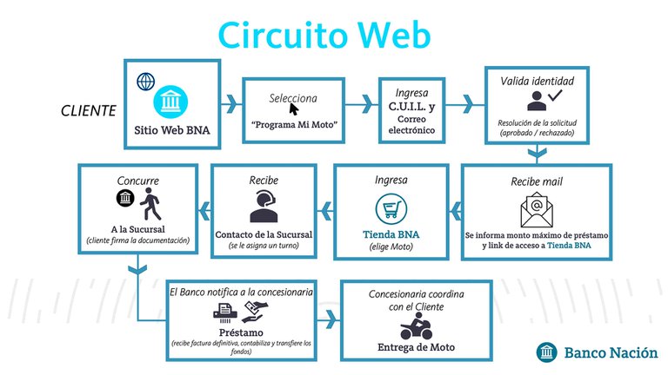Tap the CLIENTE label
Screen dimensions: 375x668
[88, 111]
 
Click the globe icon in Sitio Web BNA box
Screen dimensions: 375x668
[146, 82]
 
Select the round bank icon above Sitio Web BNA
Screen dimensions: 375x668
[171, 103]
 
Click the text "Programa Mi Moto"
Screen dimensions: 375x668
[293, 126]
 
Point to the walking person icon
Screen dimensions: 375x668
[150, 205]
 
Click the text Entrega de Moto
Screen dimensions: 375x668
[417, 348]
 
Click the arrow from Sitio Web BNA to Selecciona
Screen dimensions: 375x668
[230, 105]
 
